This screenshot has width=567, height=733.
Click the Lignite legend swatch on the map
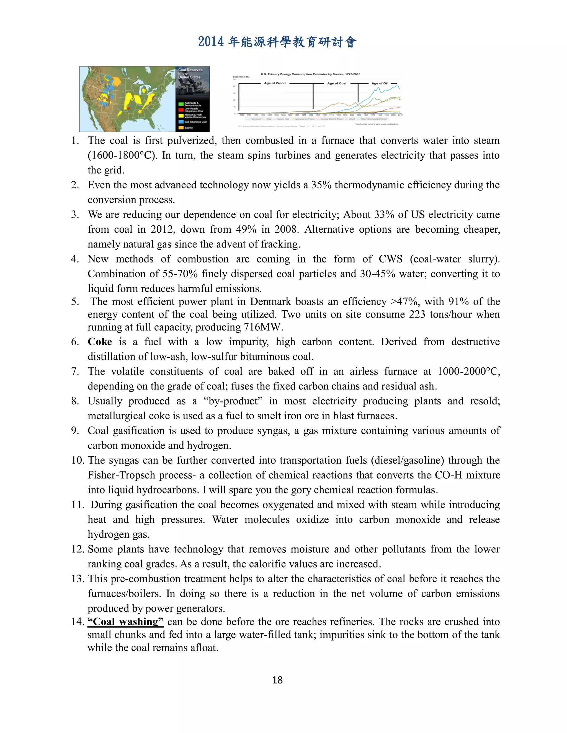(181, 128)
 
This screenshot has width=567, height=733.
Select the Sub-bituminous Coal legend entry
(195, 122)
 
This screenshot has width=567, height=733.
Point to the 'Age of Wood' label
(274, 83)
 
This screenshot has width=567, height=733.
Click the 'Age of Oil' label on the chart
(379, 83)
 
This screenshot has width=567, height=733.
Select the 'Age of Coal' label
(337, 83)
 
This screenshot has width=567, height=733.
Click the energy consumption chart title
(310, 74)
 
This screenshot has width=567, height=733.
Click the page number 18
(277, 680)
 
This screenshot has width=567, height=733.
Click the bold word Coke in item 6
(100, 342)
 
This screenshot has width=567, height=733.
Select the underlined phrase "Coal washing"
(125, 622)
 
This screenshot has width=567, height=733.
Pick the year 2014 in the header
(211, 42)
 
